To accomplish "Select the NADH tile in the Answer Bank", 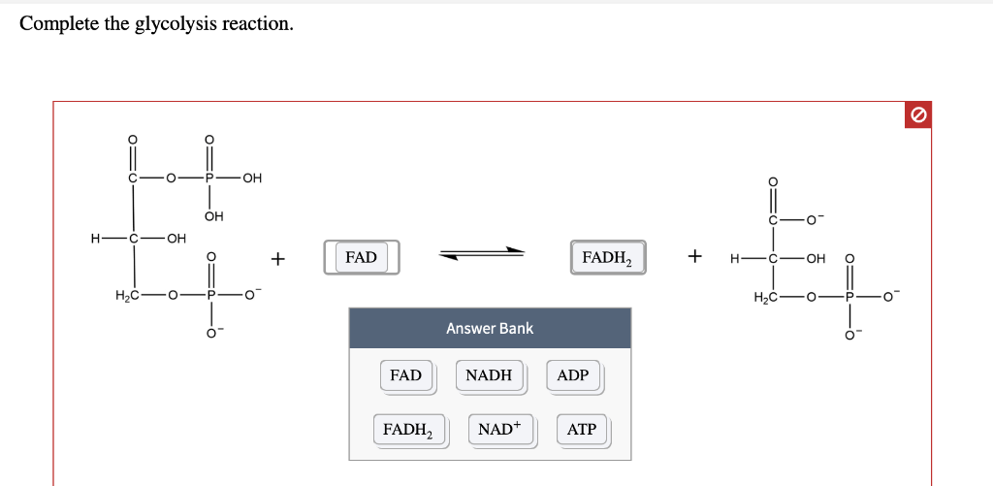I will (489, 375).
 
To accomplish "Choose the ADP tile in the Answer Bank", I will (573, 375).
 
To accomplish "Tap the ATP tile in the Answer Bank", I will (581, 429).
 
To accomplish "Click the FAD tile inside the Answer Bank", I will (405, 375).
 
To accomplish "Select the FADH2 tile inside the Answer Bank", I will (408, 429).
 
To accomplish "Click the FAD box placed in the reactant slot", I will (361, 257).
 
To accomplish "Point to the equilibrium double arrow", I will (482, 254).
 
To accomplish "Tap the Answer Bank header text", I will (490, 329).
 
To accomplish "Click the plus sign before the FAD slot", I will (278, 258).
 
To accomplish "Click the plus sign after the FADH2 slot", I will (694, 257).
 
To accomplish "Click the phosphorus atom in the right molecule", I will (850, 296).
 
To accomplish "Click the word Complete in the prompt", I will (59, 24).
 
